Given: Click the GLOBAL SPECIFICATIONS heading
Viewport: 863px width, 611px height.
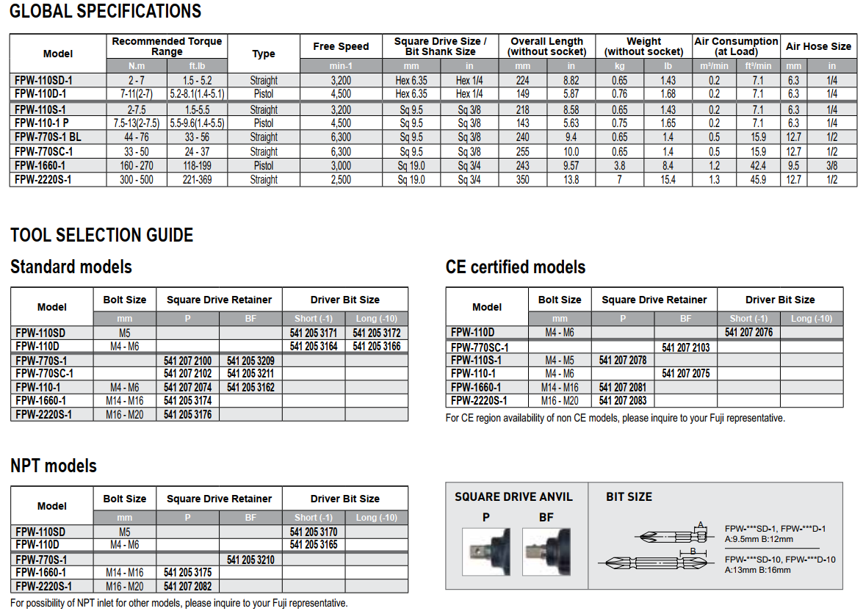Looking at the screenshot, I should click(106, 12).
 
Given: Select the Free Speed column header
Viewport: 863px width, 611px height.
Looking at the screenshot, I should click(341, 46).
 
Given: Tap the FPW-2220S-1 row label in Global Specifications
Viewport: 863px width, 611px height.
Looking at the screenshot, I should click(43, 179).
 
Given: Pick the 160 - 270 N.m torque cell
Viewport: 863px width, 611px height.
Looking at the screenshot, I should click(137, 166).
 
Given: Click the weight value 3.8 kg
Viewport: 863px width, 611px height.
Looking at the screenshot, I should click(619, 166).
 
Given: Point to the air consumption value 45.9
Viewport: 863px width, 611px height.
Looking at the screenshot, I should click(759, 179).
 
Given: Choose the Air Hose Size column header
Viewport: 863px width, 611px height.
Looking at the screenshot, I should click(818, 46).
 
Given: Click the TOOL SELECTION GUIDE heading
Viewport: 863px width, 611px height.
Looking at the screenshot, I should click(102, 235).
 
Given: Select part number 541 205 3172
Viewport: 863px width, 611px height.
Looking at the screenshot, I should click(377, 333).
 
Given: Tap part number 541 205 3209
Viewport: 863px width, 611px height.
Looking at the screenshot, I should click(250, 361).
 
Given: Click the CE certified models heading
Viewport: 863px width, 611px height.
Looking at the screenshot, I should click(516, 267).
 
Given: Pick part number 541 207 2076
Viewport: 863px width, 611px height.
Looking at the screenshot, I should click(748, 333).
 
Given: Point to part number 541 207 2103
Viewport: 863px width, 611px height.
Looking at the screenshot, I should click(685, 347).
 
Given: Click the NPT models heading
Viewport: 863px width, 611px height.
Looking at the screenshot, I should click(54, 466).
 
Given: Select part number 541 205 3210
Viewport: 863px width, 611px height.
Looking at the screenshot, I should click(250, 560).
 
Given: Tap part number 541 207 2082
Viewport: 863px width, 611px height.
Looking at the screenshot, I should click(188, 586).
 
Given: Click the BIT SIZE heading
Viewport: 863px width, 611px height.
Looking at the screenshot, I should click(629, 497).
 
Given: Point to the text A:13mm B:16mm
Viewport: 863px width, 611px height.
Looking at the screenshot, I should click(757, 569).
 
